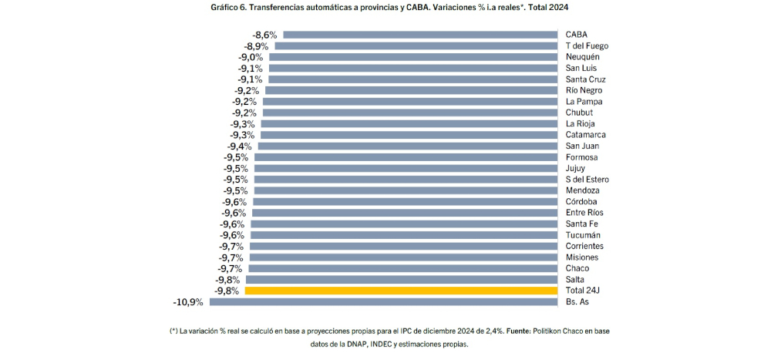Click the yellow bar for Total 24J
[x=401, y=291]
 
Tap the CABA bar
[x=420, y=35]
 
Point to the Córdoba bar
[x=404, y=202]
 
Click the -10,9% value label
[x=188, y=302]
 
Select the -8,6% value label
[x=266, y=35]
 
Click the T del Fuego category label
[x=588, y=45]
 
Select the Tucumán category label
[x=583, y=235]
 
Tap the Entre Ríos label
[x=584, y=213]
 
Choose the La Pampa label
[x=583, y=102]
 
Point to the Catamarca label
[x=586, y=135]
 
